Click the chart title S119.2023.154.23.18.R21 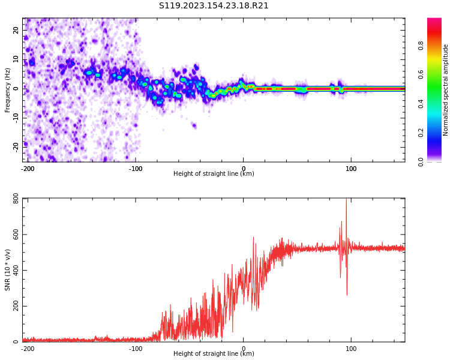[214, 6]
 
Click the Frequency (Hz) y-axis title [8, 90]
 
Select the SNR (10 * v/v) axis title [8, 270]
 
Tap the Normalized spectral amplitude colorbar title [446, 90]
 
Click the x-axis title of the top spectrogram [214, 174]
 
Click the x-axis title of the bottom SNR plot [214, 354]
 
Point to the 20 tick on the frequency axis [16, 31]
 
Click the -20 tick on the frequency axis [16, 146]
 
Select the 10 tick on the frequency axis [16, 59]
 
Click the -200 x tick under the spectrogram [28, 169]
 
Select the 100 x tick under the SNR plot [351, 349]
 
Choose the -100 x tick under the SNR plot [136, 349]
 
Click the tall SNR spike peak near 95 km [346, 200]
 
